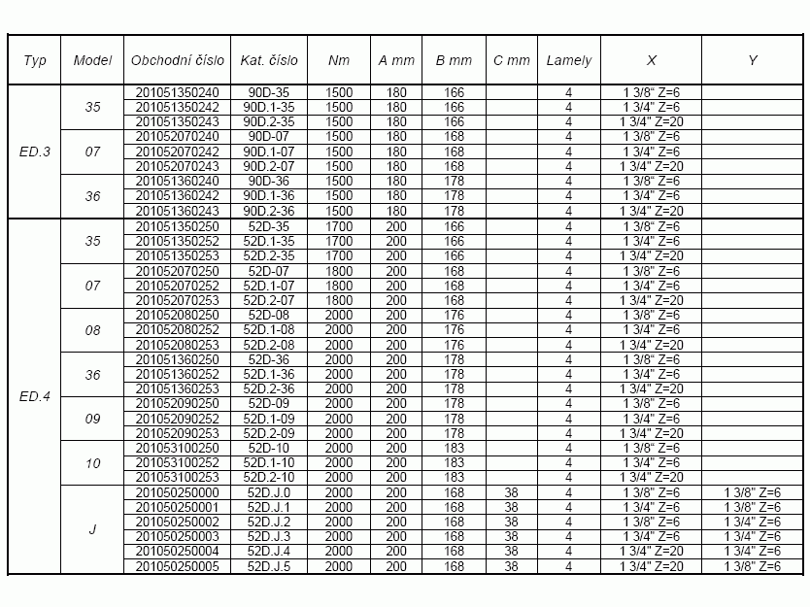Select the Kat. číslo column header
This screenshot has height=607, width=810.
pyautogui.click(x=269, y=60)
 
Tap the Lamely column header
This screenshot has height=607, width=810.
pyautogui.click(x=568, y=60)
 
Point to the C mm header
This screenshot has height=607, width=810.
pyautogui.click(x=512, y=60)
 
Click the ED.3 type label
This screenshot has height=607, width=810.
pyautogui.click(x=34, y=152)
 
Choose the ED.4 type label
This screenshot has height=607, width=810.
pyautogui.click(x=34, y=396)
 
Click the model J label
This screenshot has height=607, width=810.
pyautogui.click(x=92, y=529)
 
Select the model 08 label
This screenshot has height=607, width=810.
pyautogui.click(x=92, y=330)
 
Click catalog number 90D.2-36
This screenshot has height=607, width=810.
pyautogui.click(x=269, y=211)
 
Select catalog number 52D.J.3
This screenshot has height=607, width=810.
pyautogui.click(x=269, y=536)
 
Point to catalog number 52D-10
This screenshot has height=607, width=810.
pyautogui.click(x=269, y=448)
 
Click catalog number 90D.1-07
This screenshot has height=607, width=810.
pyautogui.click(x=269, y=152)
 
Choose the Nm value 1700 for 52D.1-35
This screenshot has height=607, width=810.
pyautogui.click(x=338, y=241)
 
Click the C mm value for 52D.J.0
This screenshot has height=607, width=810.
pyautogui.click(x=512, y=492)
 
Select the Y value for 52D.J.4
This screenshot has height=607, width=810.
pyautogui.click(x=753, y=552)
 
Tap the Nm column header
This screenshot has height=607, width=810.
pyautogui.click(x=338, y=60)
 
